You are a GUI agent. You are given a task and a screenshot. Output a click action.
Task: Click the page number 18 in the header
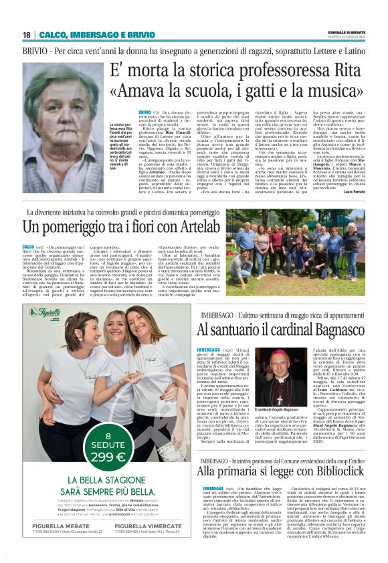[x=26, y=35]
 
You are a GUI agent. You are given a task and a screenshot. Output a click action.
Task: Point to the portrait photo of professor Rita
[x=64, y=128]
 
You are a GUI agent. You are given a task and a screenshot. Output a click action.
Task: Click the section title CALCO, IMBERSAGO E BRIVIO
[x=97, y=35]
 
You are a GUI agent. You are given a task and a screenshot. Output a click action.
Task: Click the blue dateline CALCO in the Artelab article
[x=28, y=246]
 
